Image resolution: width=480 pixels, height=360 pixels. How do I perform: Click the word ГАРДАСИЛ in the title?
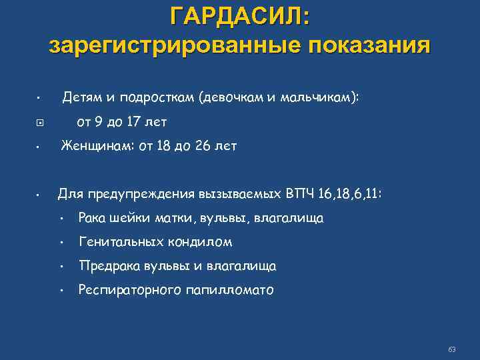click(239, 15)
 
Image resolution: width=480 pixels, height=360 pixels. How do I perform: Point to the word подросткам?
click(157, 97)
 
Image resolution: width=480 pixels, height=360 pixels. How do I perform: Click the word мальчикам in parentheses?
click(323, 97)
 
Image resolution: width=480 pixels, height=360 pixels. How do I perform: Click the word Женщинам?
click(96, 146)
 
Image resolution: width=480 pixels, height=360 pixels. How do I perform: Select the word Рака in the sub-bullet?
click(93, 218)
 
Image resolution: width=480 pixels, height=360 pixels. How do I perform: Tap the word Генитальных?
click(121, 242)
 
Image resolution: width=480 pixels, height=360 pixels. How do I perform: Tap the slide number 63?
click(452, 349)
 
